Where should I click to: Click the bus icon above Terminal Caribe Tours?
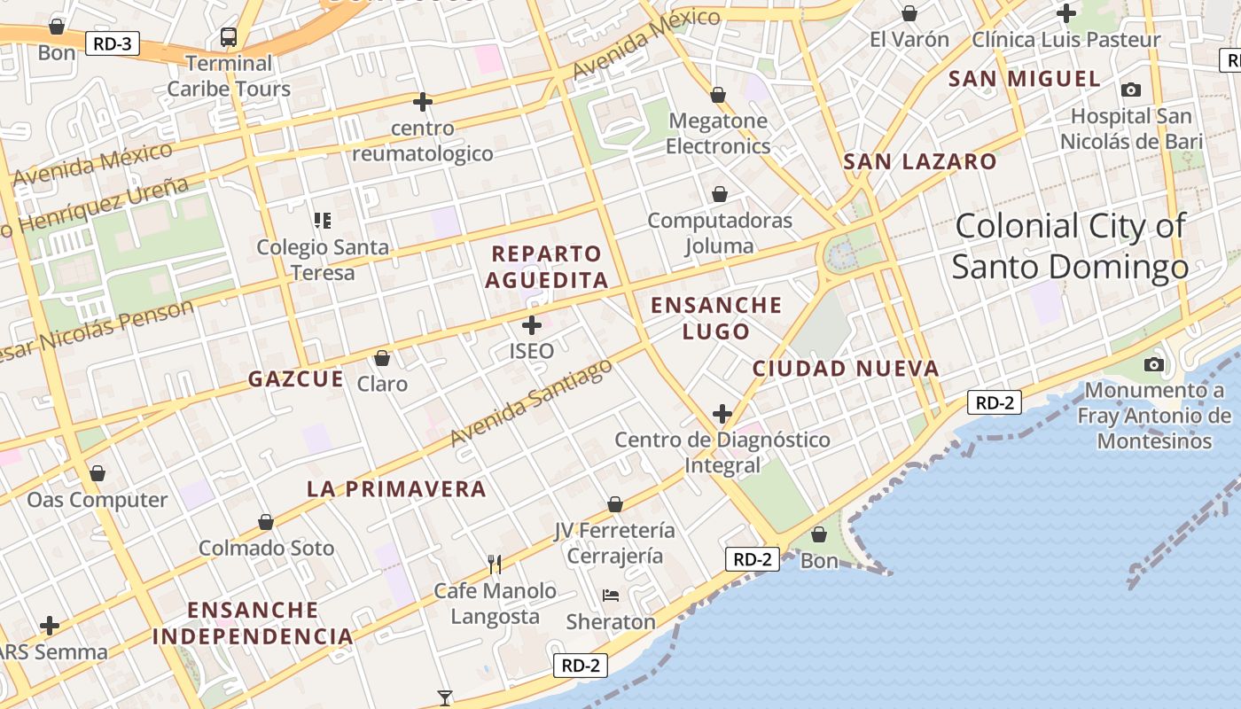(x=229, y=37)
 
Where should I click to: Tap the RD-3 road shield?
(x=113, y=43)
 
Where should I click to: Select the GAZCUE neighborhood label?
(x=295, y=379)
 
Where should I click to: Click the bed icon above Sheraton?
(x=611, y=595)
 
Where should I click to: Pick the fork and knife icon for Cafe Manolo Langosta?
(x=495, y=564)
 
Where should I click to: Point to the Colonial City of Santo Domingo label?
(x=1070, y=246)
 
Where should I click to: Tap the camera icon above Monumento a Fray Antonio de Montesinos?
(x=1153, y=364)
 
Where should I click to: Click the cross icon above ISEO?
(x=532, y=325)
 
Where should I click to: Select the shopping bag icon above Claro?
(x=382, y=358)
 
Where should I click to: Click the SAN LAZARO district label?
(x=920, y=162)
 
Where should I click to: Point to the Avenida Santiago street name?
(x=531, y=402)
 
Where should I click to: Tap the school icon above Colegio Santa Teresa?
(x=322, y=220)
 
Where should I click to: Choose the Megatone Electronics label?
(x=718, y=133)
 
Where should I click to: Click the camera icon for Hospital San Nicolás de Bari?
(x=1130, y=90)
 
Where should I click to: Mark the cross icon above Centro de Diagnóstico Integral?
(x=722, y=414)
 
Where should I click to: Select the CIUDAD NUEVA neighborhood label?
(x=845, y=369)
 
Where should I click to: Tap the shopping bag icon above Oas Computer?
(x=98, y=473)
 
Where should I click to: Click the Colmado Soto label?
(x=266, y=548)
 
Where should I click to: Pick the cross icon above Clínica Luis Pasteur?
(x=1066, y=13)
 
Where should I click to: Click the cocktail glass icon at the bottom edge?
(x=445, y=697)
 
